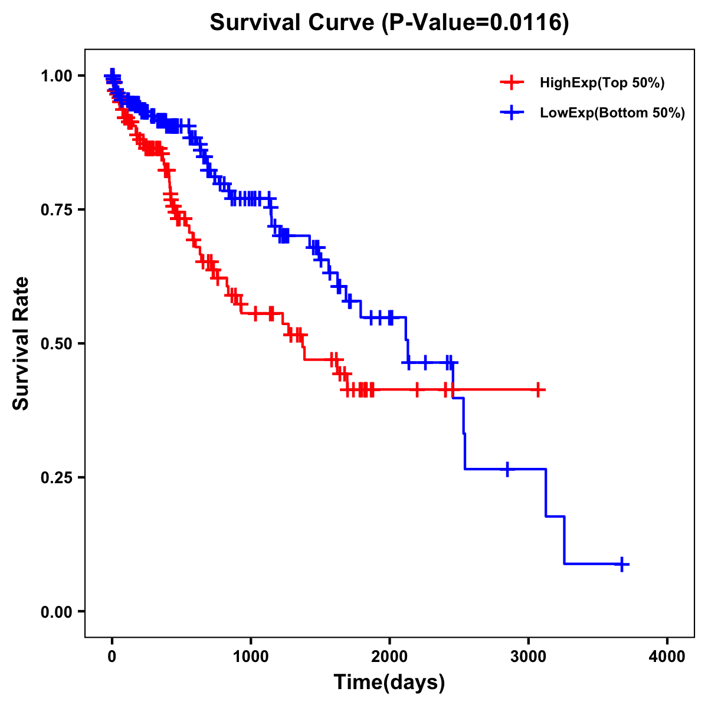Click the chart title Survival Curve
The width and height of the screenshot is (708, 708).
(292, 23)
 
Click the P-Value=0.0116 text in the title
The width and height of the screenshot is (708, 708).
(475, 23)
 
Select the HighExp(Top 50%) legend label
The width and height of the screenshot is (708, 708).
(602, 83)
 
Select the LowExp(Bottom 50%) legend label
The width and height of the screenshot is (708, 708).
(612, 113)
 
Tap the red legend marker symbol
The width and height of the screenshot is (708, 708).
(512, 83)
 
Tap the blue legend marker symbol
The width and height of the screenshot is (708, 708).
(512, 112)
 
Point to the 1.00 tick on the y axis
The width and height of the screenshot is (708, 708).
(57, 76)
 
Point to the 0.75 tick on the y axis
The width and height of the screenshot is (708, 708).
(57, 210)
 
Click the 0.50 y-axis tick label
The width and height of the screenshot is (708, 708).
(57, 344)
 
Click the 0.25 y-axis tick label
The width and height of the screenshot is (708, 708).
(57, 478)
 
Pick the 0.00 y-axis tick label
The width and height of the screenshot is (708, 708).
(57, 612)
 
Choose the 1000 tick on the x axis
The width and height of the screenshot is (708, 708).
(251, 657)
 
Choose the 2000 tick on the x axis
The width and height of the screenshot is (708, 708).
(389, 657)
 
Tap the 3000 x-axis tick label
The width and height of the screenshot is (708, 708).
(528, 657)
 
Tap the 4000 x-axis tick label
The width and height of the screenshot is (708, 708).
(667, 657)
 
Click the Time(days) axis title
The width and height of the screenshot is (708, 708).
(389, 683)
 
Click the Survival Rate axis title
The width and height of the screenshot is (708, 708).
(21, 343)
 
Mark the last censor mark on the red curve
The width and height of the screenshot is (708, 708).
(537, 389)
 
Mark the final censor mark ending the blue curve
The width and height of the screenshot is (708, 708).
(622, 564)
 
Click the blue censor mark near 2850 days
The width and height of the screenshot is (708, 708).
(507, 469)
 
